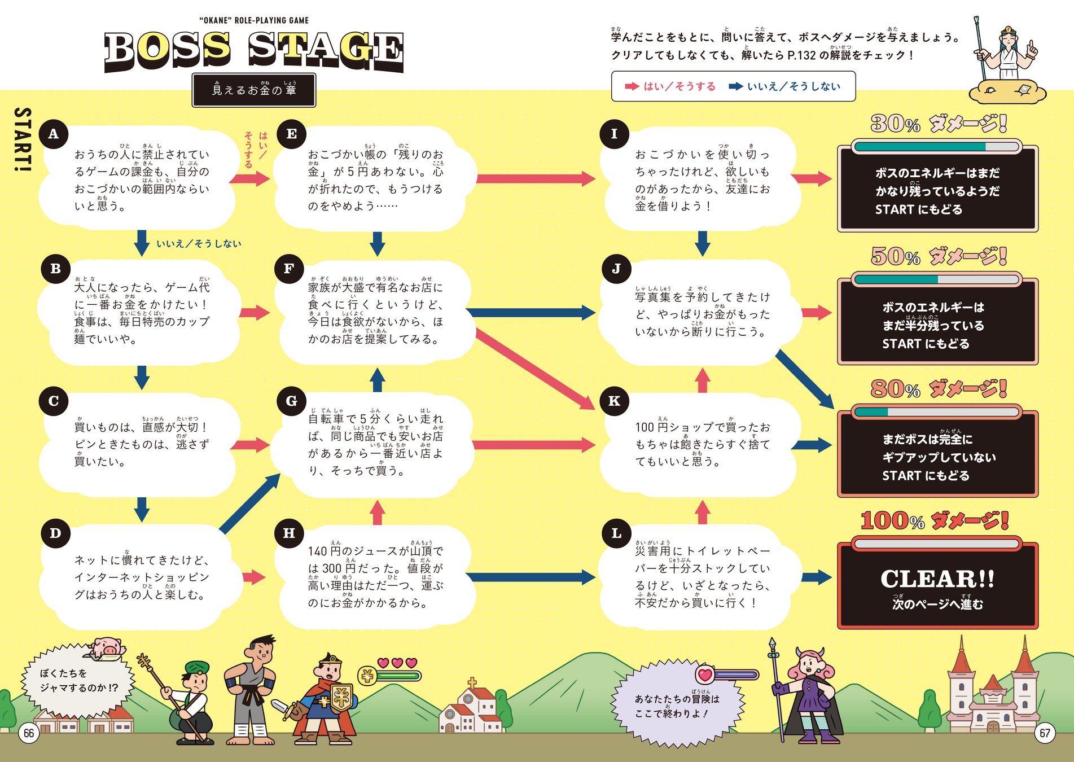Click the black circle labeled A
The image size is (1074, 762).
click(x=54, y=134)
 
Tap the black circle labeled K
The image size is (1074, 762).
click(x=615, y=401)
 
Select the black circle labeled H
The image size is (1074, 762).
click(x=289, y=533)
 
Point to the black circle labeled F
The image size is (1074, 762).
click(x=289, y=269)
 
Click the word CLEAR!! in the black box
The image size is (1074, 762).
click(x=937, y=579)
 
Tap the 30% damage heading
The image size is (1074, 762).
click(x=938, y=124)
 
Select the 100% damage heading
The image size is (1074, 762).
click(x=935, y=520)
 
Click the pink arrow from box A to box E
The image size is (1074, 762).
click(x=250, y=179)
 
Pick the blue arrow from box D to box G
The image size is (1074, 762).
click(x=249, y=503)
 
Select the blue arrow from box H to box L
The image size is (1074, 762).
click(x=531, y=577)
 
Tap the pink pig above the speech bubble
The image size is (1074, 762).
click(x=107, y=646)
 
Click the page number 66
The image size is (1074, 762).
click(x=29, y=733)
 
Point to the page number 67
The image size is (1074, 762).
click(x=1045, y=733)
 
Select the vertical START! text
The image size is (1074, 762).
click(x=23, y=139)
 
